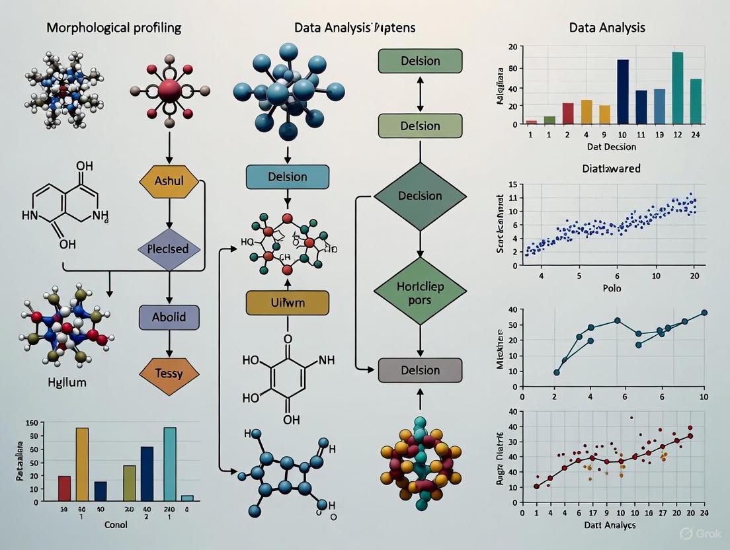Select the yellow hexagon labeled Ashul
click(x=169, y=180)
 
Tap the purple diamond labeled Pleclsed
click(x=168, y=249)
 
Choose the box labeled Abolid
click(x=169, y=317)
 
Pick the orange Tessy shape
click(x=169, y=374)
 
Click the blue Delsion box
click(x=287, y=177)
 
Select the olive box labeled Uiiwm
click(x=287, y=302)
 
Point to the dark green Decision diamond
click(x=420, y=196)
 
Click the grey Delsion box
click(x=420, y=370)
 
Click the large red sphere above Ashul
click(x=169, y=89)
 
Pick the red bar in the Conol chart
click(x=65, y=488)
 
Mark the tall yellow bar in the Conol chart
click(x=82, y=464)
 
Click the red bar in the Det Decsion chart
click(x=568, y=113)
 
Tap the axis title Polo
click(x=612, y=289)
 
